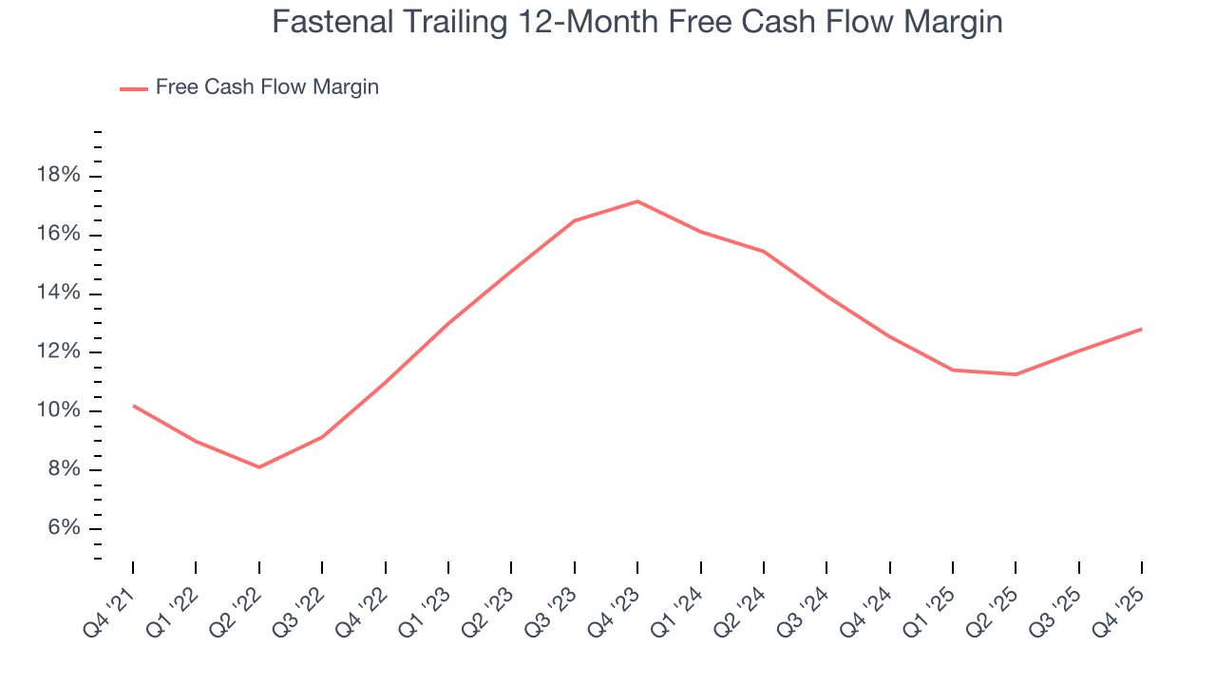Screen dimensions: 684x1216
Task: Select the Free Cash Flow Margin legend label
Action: (x=267, y=87)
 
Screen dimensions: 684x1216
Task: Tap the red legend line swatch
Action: (x=133, y=88)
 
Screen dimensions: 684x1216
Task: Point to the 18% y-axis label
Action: (x=58, y=176)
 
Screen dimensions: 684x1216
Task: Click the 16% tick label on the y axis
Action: (x=58, y=235)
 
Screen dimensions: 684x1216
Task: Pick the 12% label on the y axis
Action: (x=58, y=352)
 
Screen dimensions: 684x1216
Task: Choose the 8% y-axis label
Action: (x=63, y=470)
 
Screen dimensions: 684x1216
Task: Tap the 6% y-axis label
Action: (x=63, y=529)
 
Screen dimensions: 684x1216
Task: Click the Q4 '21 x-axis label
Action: (x=110, y=606)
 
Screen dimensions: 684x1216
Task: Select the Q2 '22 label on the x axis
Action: (x=237, y=606)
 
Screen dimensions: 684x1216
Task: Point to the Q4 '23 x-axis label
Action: (x=615, y=606)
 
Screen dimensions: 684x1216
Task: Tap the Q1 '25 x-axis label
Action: (x=930, y=606)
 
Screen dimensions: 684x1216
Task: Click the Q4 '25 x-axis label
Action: (x=1119, y=606)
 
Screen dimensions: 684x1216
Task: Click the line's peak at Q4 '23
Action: (x=637, y=200)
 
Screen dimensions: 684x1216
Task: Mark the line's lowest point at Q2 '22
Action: (x=259, y=466)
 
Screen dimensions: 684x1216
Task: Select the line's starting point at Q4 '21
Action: (x=133, y=406)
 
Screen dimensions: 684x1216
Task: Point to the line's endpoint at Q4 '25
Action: (x=1141, y=329)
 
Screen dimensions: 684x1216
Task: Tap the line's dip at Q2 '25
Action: (x=1016, y=374)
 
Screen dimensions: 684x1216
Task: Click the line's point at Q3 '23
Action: (x=574, y=220)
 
